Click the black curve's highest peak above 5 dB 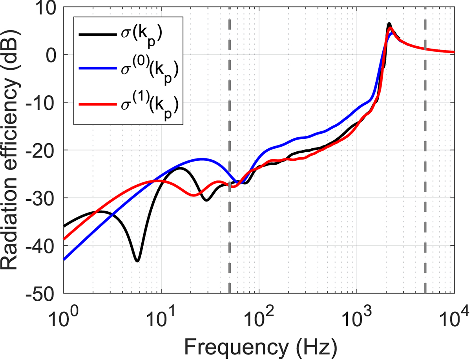click(x=389, y=24)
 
